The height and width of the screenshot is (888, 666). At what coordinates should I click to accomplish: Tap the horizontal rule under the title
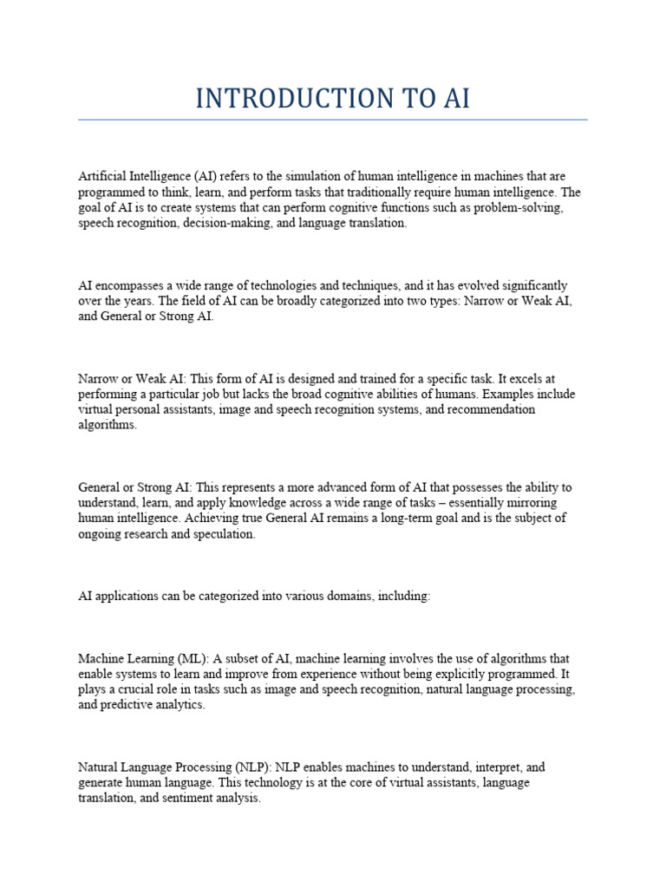(x=333, y=120)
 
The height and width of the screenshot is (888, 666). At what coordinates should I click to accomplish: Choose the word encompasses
(x=134, y=285)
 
